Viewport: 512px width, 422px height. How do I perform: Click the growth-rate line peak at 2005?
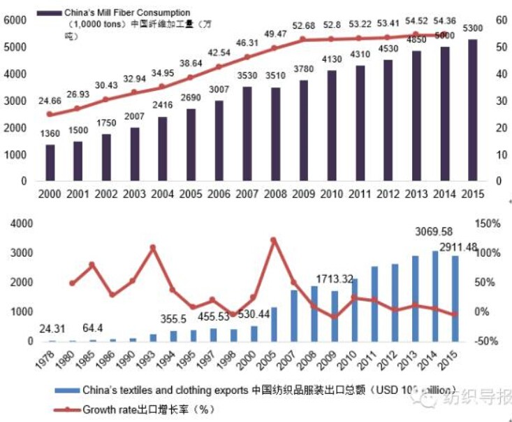pyautogui.click(x=274, y=240)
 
